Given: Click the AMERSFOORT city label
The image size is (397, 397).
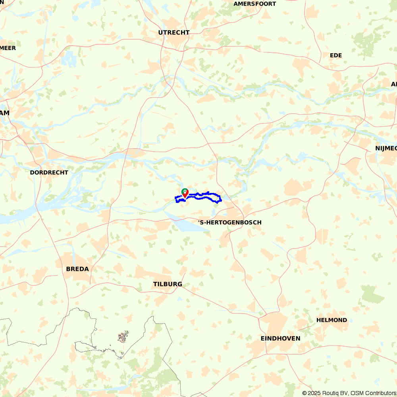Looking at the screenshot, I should point(254,4).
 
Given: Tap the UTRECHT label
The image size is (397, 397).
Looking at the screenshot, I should point(174,33).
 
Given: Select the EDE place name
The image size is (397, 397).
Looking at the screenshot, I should point(336,55).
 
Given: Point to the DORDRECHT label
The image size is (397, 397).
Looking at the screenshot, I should point(49,173).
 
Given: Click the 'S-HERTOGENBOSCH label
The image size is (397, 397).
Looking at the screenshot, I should point(230,222).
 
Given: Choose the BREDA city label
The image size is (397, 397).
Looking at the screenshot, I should point(77,269).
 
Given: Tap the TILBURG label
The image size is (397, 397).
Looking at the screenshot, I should point(168,284).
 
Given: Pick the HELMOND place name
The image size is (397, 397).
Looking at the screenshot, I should point(331,320).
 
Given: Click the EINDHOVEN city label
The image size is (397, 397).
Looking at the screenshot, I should point(280,339).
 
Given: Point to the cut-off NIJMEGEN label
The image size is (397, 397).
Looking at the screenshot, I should point(386,148).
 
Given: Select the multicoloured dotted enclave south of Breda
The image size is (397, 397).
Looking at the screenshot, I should point(123,337).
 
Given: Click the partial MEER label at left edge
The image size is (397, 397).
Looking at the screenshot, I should point(8,48).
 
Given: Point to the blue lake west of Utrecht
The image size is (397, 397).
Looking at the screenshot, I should point(69,58).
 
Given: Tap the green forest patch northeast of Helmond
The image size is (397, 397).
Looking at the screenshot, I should point(372,294).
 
